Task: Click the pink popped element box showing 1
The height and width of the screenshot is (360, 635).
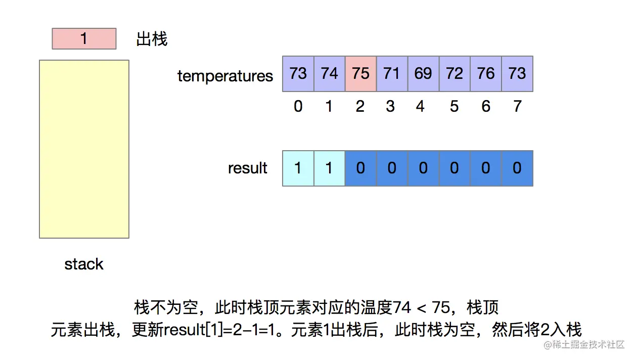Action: point(84,39)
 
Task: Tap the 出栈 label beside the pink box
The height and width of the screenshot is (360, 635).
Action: point(152,39)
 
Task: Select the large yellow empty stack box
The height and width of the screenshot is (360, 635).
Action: point(84,149)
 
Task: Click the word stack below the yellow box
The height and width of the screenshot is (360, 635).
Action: point(84,264)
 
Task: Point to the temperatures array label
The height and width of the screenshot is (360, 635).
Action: point(225,76)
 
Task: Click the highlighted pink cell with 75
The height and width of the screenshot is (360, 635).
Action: point(361,74)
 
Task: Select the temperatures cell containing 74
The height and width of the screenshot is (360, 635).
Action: point(330,74)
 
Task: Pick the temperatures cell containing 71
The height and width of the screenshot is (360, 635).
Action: point(392,74)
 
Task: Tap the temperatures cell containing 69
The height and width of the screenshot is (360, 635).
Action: point(424,74)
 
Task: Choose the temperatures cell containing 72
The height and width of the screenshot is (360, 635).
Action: point(455,74)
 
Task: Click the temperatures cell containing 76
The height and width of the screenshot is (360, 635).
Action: point(486,74)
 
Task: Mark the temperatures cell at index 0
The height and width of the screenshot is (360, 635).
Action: point(298,74)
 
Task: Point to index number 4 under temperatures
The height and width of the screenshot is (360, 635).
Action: point(421,107)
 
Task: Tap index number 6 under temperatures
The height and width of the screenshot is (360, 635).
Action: point(486,107)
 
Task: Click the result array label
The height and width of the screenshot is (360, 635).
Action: point(248,168)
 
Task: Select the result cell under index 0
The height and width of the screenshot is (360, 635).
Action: point(298,168)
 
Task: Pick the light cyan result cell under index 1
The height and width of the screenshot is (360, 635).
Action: point(330,168)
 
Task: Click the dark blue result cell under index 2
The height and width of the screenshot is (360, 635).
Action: point(361,168)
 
